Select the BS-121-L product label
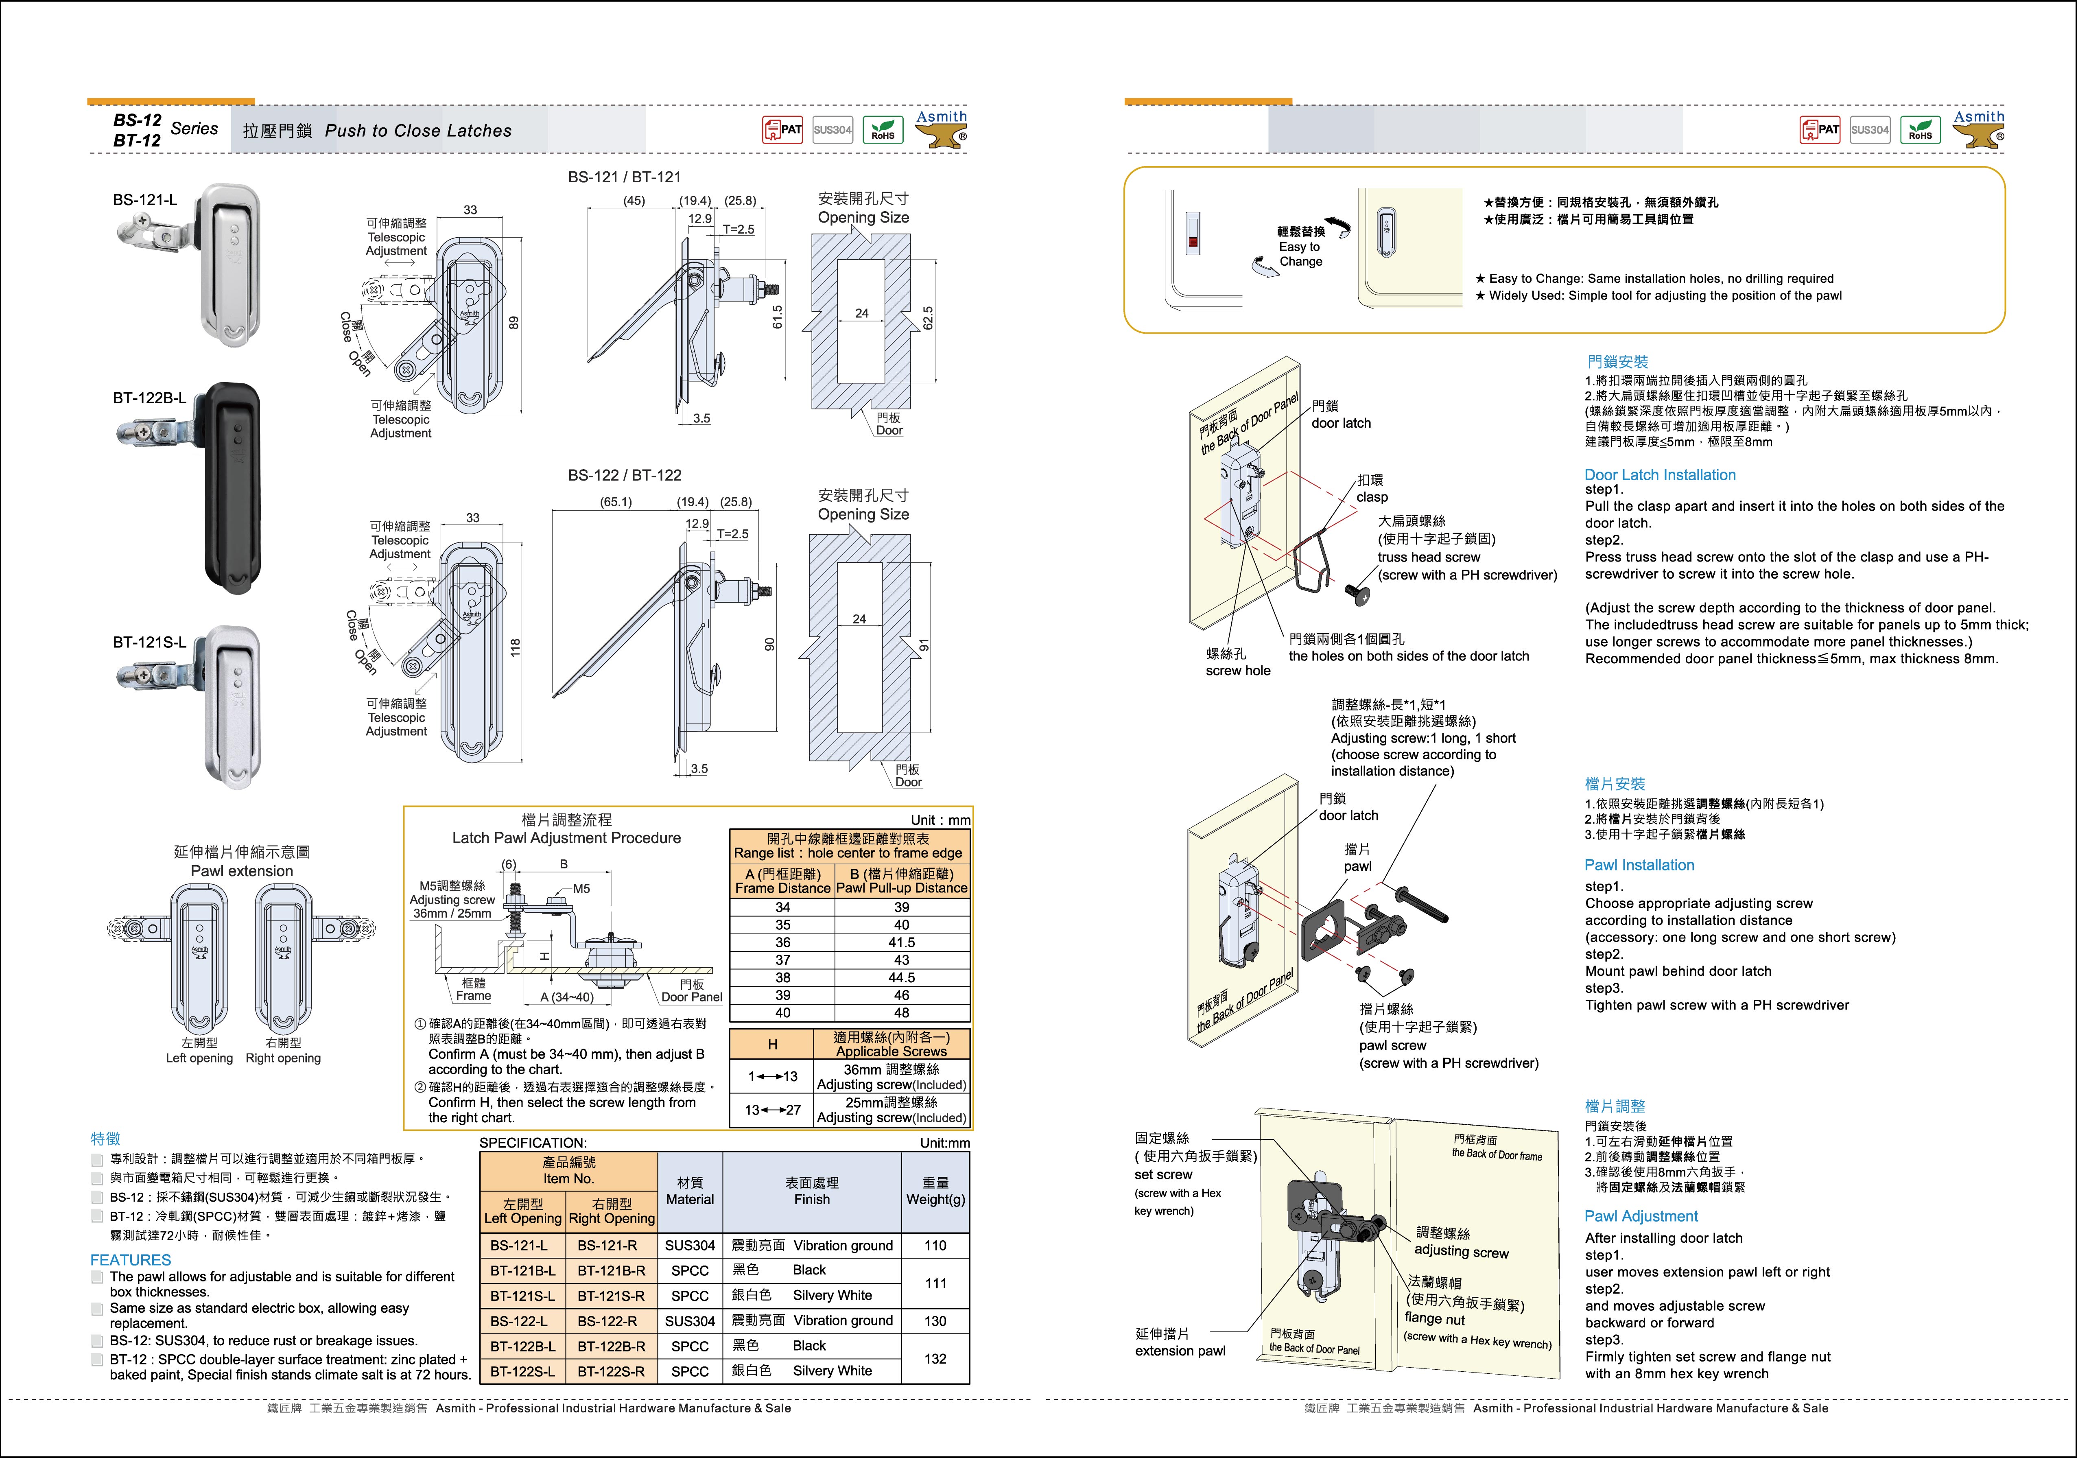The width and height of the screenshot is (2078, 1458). (145, 200)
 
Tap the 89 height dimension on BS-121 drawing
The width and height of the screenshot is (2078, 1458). (514, 322)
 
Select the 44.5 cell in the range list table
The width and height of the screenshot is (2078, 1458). (901, 977)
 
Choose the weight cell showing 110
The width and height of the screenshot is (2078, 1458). (935, 1245)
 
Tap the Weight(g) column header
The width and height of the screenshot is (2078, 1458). (935, 1191)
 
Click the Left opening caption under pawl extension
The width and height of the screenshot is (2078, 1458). (199, 1058)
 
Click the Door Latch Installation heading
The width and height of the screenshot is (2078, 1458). (1660, 475)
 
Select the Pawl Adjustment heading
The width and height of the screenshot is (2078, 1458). (1641, 1216)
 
